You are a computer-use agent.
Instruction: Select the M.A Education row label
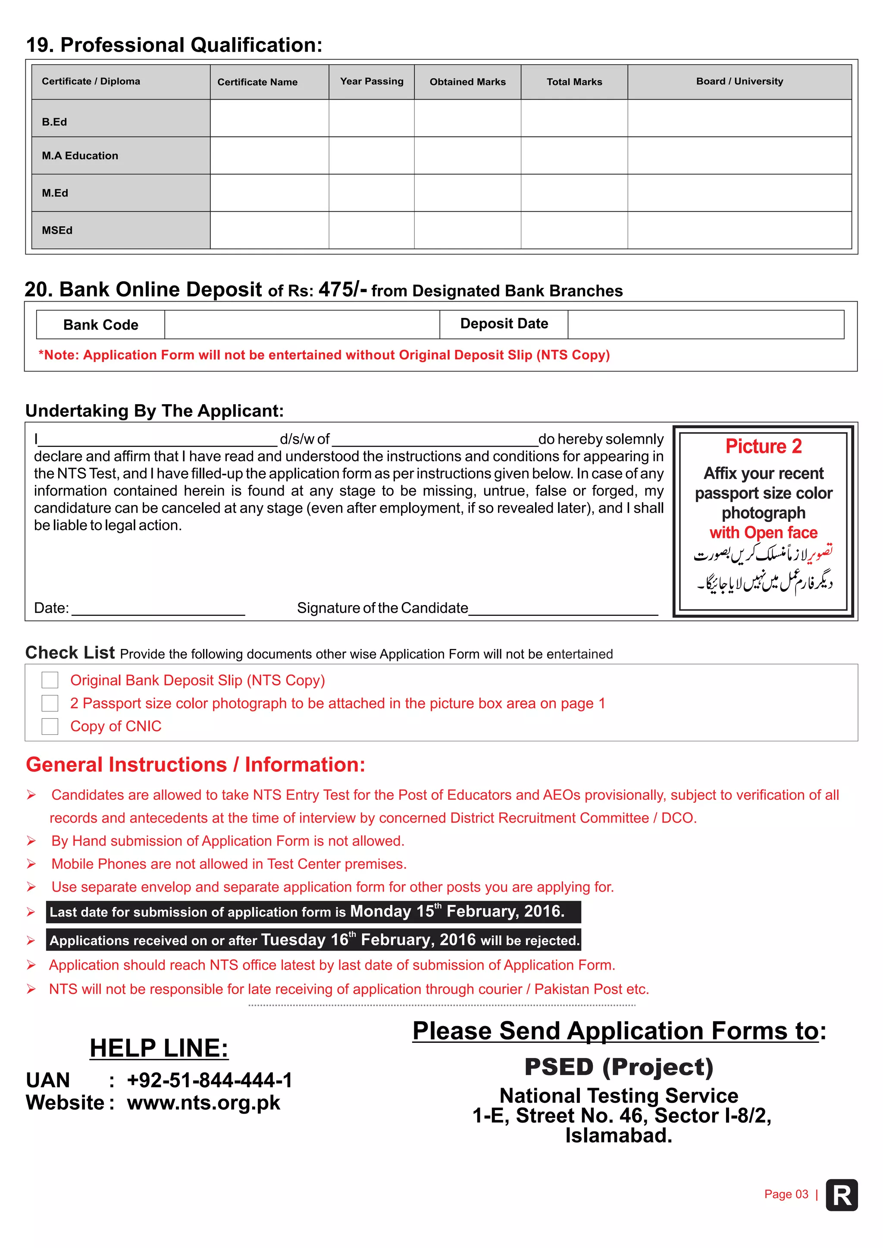tap(80, 156)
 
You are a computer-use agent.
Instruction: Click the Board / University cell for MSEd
tap(739, 231)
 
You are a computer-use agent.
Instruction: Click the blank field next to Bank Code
tap(302, 324)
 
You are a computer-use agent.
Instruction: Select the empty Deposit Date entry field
tap(705, 324)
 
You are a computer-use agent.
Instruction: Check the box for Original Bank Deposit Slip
tap(50, 680)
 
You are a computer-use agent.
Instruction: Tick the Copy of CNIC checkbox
tap(50, 726)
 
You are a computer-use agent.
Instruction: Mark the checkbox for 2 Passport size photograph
tap(50, 703)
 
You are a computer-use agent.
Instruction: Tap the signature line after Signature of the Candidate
tap(563, 609)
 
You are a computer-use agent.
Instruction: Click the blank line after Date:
tap(158, 609)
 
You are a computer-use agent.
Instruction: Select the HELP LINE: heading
tap(159, 1048)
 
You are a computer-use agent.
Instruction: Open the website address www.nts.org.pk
tap(204, 1103)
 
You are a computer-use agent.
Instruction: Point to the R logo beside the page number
tap(841, 1195)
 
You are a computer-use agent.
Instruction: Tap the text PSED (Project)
tap(618, 1067)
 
